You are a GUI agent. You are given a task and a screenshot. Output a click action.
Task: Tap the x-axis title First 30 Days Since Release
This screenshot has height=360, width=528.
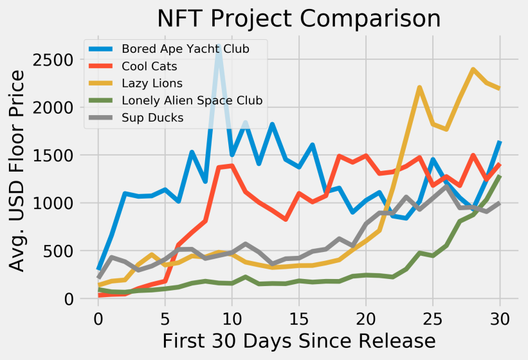(x=298, y=340)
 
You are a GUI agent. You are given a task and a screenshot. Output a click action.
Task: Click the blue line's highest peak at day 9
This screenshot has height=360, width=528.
(x=218, y=46)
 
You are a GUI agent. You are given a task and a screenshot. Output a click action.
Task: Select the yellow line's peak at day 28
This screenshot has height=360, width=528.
(x=473, y=69)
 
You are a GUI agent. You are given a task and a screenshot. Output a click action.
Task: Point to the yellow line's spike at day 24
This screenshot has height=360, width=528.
(x=419, y=87)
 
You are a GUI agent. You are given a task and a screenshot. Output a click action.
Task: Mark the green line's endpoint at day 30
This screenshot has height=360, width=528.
(x=500, y=176)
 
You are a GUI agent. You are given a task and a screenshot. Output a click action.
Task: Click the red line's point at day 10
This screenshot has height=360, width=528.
(x=232, y=166)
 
